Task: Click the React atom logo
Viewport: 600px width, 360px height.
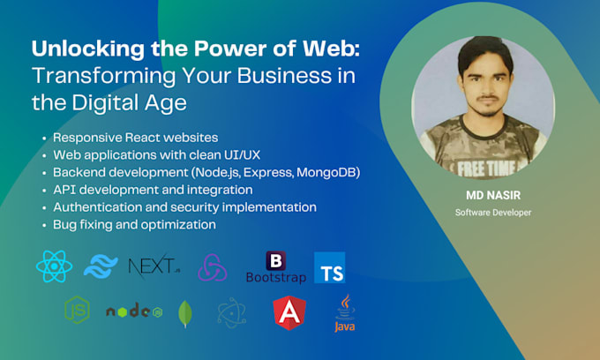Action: (55, 266)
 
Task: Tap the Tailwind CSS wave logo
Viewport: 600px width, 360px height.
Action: (101, 266)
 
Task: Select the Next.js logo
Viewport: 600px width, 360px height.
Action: (154, 266)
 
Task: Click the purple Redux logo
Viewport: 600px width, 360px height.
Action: (213, 267)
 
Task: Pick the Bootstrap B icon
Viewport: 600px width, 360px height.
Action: (276, 261)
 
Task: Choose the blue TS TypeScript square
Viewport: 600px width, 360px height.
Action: (329, 267)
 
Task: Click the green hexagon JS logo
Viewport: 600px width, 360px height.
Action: (78, 310)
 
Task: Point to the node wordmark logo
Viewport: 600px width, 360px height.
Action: (134, 311)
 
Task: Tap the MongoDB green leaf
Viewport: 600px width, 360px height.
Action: (185, 314)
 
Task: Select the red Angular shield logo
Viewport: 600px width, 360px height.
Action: (289, 312)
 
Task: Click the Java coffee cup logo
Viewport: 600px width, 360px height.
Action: (345, 313)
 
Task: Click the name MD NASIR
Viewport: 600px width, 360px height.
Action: (493, 196)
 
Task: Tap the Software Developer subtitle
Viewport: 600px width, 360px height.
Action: (493, 213)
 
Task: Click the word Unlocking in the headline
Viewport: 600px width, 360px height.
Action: (88, 49)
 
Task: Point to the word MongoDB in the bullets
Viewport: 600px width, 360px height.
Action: (326, 173)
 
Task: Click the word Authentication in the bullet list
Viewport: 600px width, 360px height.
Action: (101, 207)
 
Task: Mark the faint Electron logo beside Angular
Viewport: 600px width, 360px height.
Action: (232, 313)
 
